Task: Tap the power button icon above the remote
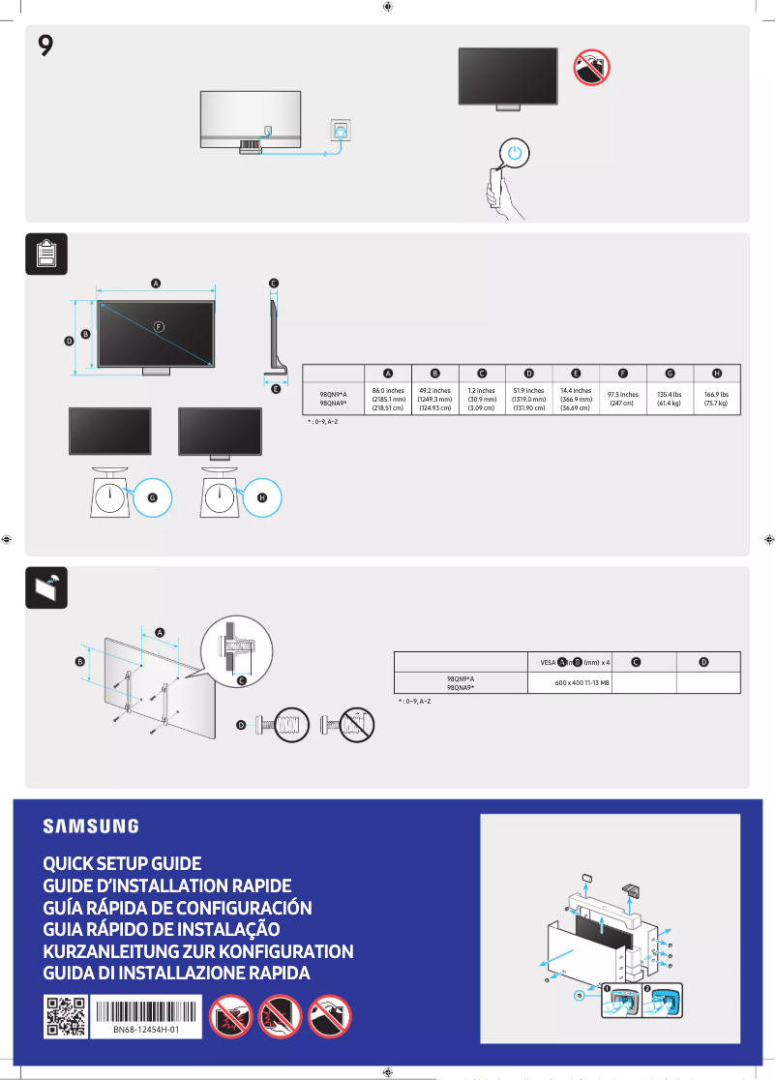[516, 153]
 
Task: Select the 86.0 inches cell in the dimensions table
[387, 400]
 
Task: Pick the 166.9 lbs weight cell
[716, 399]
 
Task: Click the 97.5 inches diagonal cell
[622, 399]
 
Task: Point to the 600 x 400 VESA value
[582, 683]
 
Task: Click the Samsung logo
[91, 826]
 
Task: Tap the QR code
[66, 1016]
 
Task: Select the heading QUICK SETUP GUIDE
[122, 863]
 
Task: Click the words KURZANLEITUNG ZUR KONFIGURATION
[198, 951]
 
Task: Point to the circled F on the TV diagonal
[160, 326]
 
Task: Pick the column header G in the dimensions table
[670, 374]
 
